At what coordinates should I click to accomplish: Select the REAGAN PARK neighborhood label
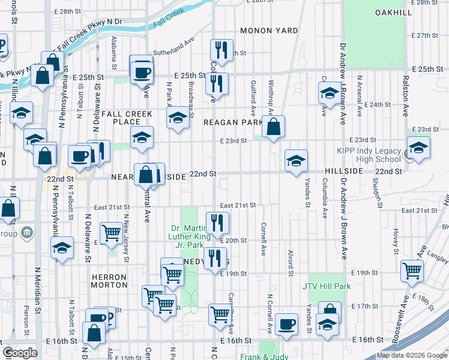[233, 122]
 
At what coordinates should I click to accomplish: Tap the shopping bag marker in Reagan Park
[273, 127]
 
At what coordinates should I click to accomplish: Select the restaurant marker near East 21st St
[217, 223]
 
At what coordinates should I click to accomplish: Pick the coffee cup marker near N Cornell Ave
[286, 324]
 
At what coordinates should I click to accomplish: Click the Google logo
[20, 353]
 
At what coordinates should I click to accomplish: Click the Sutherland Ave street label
[174, 53]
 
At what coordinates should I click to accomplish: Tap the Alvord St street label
[290, 259]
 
